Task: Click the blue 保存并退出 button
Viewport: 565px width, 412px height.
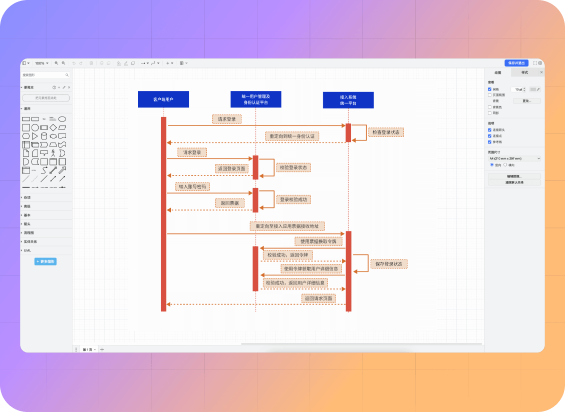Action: [516, 63]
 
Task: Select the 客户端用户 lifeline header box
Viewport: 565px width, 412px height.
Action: [163, 99]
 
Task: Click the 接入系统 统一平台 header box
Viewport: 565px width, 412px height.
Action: [348, 100]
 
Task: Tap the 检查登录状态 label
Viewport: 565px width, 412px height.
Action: [386, 132]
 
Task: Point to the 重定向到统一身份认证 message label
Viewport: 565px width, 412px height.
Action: [293, 136]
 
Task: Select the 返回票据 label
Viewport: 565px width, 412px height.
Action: [230, 203]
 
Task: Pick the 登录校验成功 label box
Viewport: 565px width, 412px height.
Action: [294, 199]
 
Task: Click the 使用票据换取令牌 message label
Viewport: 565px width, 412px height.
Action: [319, 241]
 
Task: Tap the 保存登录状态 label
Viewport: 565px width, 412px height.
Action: [389, 263]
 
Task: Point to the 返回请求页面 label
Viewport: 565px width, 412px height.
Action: [319, 298]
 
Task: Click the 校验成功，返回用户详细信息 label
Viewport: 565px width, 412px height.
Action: [296, 283]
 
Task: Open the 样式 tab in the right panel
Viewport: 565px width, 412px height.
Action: [524, 72]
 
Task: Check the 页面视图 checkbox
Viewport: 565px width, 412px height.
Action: [490, 95]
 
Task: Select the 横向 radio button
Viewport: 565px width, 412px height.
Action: [505, 165]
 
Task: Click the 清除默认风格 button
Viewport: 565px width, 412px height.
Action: [514, 182]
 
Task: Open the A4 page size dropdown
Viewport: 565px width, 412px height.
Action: [514, 158]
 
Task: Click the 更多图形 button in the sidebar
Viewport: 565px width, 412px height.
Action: [46, 261]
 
